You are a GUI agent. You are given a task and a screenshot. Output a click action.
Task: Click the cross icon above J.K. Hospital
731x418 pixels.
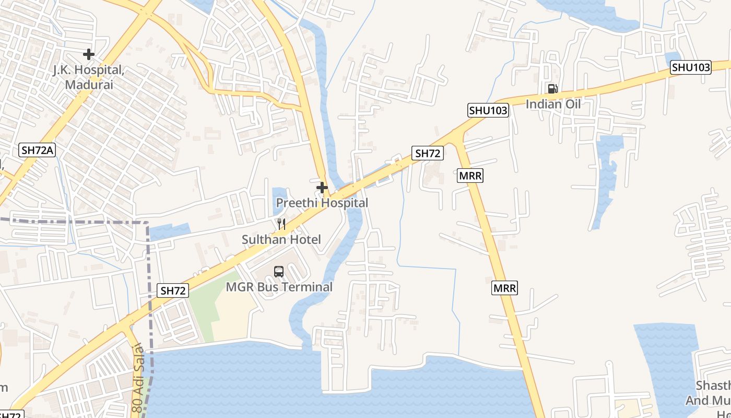pyautogui.click(x=89, y=54)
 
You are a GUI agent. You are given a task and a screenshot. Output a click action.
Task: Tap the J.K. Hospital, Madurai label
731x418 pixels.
pyautogui.click(x=89, y=77)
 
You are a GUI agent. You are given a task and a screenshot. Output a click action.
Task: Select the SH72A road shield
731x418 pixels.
pyautogui.click(x=38, y=150)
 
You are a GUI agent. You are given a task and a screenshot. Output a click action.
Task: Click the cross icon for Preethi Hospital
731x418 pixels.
pyautogui.click(x=322, y=188)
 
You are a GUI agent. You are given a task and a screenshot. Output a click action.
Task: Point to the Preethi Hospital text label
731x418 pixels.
pyautogui.click(x=322, y=203)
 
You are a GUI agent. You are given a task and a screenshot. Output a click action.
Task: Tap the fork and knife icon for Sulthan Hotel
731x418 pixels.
pyautogui.click(x=281, y=224)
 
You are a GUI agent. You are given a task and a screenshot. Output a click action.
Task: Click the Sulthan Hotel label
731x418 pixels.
pyautogui.click(x=281, y=239)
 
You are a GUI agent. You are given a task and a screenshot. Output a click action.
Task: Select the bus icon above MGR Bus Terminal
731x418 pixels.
pyautogui.click(x=279, y=272)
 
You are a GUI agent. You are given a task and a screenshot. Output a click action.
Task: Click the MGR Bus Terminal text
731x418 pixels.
pyautogui.click(x=279, y=287)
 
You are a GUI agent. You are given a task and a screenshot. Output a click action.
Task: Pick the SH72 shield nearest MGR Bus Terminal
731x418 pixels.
pyautogui.click(x=173, y=291)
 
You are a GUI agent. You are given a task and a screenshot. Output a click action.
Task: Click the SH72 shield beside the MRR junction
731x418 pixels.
pyautogui.click(x=428, y=153)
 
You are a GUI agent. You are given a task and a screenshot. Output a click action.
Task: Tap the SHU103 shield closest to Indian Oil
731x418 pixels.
pyautogui.click(x=488, y=110)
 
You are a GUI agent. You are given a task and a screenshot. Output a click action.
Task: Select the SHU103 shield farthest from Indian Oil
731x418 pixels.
pyautogui.click(x=691, y=67)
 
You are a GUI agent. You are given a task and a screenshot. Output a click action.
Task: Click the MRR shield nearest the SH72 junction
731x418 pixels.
pyautogui.click(x=470, y=176)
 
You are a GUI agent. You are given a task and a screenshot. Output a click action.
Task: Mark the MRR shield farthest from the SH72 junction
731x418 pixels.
pyautogui.click(x=504, y=288)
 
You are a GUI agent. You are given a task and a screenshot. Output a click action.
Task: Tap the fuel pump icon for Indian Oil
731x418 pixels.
pyautogui.click(x=552, y=89)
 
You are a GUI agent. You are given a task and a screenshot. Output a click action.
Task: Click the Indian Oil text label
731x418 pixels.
pyautogui.click(x=553, y=104)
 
